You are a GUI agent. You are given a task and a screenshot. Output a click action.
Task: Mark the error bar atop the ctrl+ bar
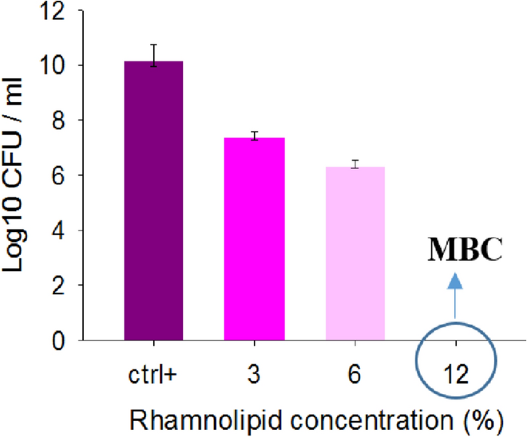pos(154,55)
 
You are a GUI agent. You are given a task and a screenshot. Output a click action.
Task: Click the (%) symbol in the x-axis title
pos(484,419)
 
